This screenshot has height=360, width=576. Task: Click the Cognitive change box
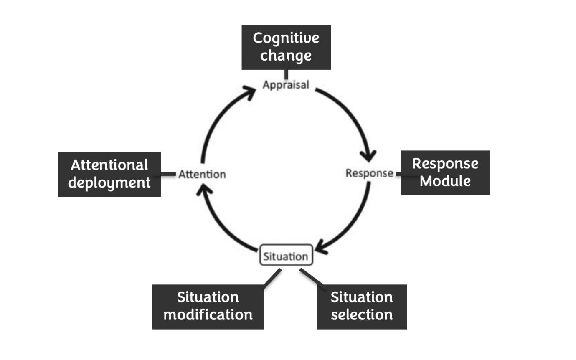click(286, 47)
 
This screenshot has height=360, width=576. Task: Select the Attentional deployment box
click(109, 174)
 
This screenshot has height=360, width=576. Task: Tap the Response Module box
click(445, 172)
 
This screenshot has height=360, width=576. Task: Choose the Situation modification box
click(208, 307)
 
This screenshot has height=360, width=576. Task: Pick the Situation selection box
click(362, 307)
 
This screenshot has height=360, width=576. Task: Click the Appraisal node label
click(286, 85)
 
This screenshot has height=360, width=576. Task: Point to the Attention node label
click(202, 174)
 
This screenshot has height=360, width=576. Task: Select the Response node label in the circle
click(369, 173)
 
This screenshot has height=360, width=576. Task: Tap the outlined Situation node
click(286, 255)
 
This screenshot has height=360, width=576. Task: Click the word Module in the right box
click(445, 181)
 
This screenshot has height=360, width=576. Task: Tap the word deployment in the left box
click(109, 183)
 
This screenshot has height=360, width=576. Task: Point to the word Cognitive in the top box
click(286, 38)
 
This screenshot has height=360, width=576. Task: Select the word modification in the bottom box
click(208, 314)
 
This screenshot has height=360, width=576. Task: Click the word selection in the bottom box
click(362, 314)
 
